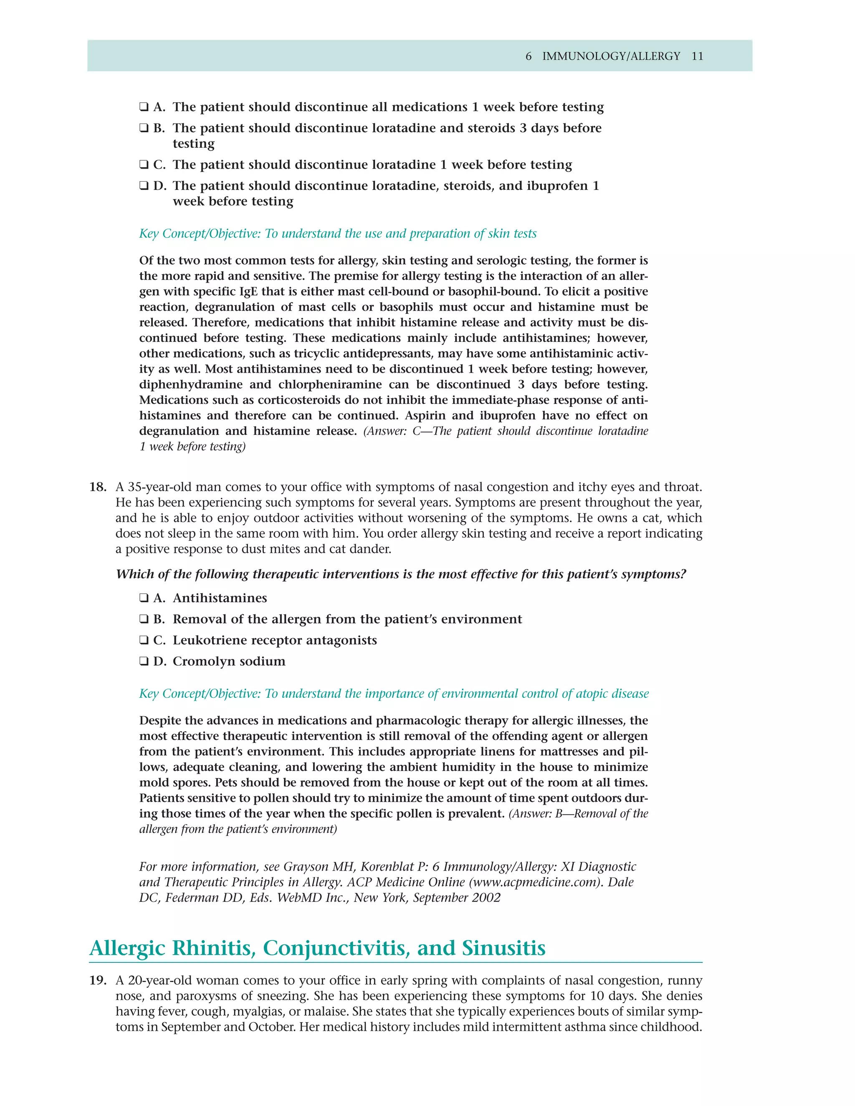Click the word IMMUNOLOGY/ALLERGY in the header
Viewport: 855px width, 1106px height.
click(611, 56)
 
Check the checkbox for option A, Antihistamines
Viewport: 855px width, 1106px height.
click(144, 598)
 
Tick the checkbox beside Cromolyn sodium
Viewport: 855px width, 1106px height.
click(144, 662)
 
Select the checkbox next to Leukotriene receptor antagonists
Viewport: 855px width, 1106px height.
click(144, 640)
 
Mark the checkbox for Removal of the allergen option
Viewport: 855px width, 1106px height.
click(144, 619)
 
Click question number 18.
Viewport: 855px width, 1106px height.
click(98, 487)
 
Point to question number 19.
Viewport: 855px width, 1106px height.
click(98, 980)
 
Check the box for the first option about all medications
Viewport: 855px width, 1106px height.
click(144, 107)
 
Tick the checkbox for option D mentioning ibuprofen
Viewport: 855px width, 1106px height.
click(144, 186)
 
